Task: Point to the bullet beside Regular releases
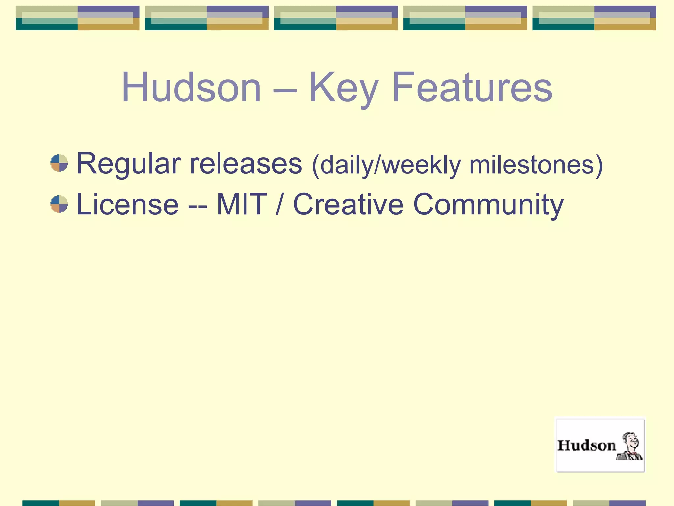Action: [x=59, y=163]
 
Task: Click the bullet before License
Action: [x=59, y=204]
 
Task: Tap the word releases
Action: [x=246, y=164]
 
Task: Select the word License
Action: [x=127, y=205]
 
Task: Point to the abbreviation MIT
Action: [x=241, y=205]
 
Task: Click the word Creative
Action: [x=348, y=205]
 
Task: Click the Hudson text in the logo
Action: [x=587, y=446]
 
